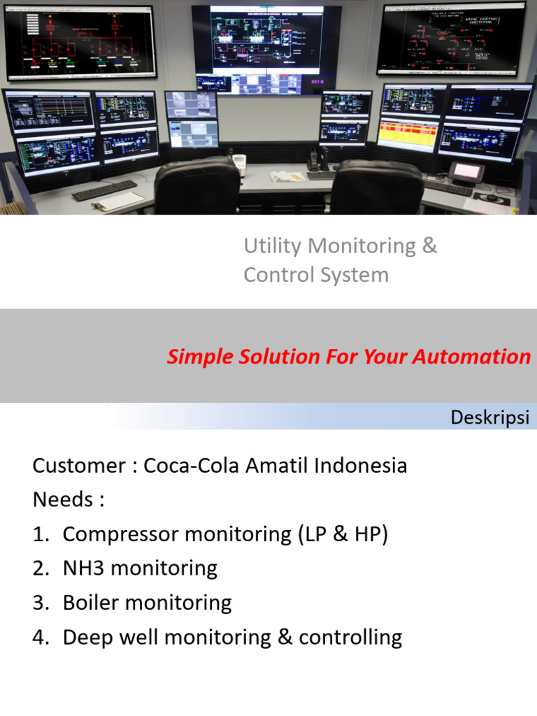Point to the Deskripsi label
pyautogui.click(x=489, y=418)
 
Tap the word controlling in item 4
pyautogui.click(x=350, y=637)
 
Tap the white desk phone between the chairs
pyautogui.click(x=239, y=165)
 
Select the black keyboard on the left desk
pyautogui.click(x=105, y=189)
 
